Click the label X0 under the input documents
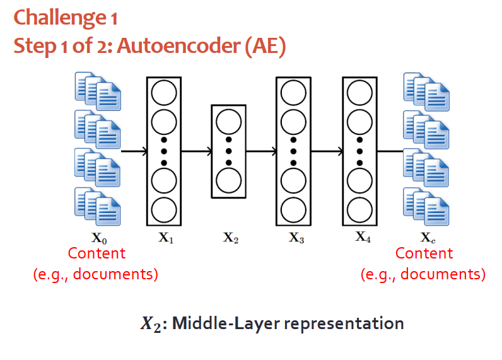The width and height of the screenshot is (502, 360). click(100, 238)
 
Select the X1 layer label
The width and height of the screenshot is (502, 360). click(165, 238)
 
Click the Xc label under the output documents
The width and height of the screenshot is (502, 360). click(427, 238)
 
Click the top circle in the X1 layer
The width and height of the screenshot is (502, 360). click(164, 93)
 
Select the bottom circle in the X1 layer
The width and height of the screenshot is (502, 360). click(164, 209)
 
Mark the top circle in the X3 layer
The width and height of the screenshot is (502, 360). click(293, 93)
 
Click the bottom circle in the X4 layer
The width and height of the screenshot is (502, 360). click(359, 209)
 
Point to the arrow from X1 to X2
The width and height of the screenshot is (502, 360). click(196, 151)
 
